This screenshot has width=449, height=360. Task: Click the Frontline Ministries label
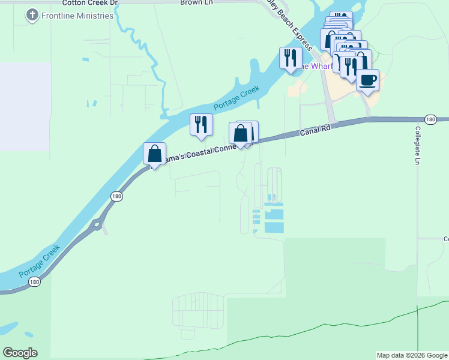coord(77,16)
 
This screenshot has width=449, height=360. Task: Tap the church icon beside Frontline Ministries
coord(32,16)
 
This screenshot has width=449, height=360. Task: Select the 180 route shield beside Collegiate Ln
coord(430,120)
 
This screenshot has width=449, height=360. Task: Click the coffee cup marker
coord(367,80)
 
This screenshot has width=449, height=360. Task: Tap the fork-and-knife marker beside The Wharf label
coord(291,58)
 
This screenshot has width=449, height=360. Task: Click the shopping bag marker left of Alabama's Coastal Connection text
coord(155,154)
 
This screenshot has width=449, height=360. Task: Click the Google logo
coord(20,353)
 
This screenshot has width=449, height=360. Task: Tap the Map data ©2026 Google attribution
coord(412,355)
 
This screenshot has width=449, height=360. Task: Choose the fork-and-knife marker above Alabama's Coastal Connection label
coord(201,124)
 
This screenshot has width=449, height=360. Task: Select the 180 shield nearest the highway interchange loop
coord(116,196)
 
